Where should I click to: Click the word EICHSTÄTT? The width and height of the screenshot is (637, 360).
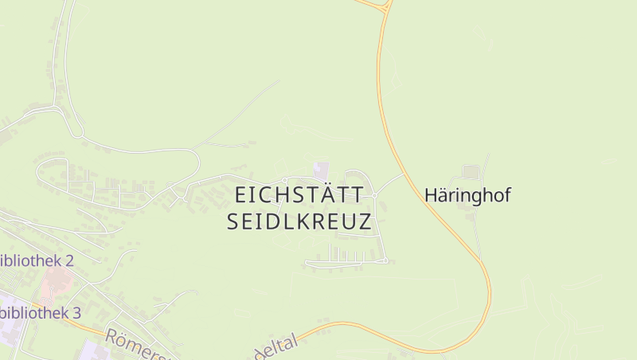pos(299,195)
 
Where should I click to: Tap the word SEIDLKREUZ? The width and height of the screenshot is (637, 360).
pos(299,222)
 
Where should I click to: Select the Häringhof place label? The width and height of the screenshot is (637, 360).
pos(467,195)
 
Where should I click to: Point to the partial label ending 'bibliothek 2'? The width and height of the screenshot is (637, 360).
pos(37,260)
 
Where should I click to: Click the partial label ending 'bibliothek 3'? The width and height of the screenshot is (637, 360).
pos(40,313)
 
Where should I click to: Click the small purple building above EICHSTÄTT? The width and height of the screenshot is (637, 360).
pos(321,170)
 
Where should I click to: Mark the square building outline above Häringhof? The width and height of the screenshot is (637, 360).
pos(471,171)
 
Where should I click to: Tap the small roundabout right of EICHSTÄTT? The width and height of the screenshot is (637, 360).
pos(373,194)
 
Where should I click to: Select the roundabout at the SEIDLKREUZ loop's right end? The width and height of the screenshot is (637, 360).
pos(385,260)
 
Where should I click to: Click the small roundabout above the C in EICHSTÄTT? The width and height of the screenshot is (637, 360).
pos(284,180)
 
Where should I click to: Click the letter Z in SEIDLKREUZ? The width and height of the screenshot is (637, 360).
pos(365,222)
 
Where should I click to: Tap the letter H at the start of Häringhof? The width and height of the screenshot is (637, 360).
pos(431,195)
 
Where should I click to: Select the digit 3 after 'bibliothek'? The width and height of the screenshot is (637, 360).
pos(76,313)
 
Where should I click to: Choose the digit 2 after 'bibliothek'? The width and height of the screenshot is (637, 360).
pos(69,260)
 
